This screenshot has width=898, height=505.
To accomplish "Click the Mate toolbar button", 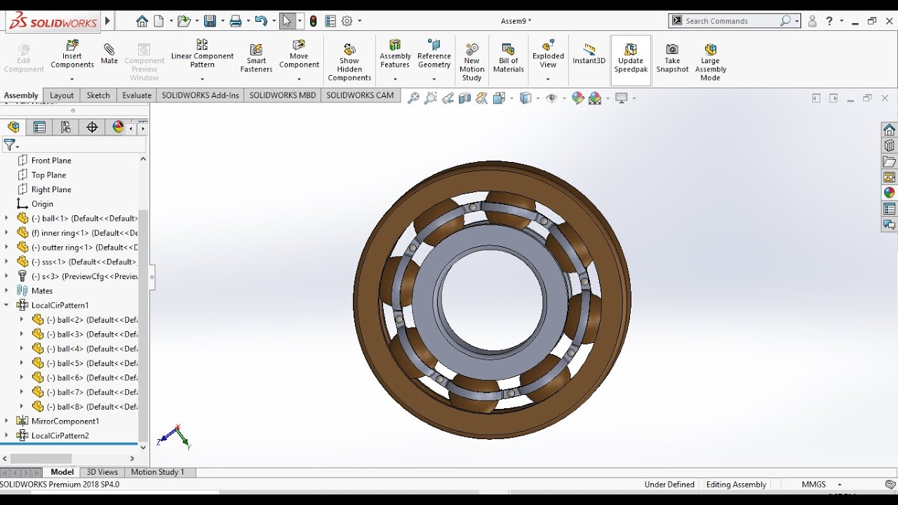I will pos(109,54).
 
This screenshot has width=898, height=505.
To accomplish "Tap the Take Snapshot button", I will pos(672,57).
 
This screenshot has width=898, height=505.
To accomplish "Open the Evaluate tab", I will pos(137,95).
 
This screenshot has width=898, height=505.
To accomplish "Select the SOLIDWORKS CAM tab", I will pos(360,95).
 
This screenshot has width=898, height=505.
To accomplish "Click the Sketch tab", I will pos(98,95).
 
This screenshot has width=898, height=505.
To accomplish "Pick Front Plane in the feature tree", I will pos(51,161).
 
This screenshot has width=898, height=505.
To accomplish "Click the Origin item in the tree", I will pos(42,204).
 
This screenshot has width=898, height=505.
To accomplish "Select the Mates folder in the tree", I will pos(42,291).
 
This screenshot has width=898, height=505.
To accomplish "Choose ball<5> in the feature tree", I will pos(70,363).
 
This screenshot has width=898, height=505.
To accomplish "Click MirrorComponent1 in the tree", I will pos(65,422).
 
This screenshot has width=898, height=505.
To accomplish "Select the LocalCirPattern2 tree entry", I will pos(60,436).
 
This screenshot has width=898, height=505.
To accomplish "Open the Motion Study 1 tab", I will pos(157,472).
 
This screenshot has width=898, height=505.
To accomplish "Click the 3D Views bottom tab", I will pos(102,472).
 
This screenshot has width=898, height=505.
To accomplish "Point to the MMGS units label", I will pos(813,485).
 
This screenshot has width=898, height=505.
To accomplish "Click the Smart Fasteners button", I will pos(256,57).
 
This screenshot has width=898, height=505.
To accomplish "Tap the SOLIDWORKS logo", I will pos(53,22).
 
